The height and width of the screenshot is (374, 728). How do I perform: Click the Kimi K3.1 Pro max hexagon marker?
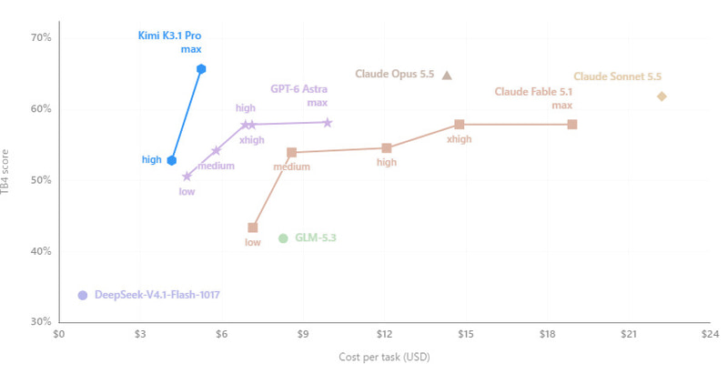click(201, 69)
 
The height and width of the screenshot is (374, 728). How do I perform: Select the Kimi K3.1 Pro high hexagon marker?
click(172, 160)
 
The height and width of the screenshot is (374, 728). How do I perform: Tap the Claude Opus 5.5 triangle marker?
click(447, 76)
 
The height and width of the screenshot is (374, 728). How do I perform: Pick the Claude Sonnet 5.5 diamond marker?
click(662, 96)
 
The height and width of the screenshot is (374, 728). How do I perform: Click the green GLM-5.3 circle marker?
click(283, 238)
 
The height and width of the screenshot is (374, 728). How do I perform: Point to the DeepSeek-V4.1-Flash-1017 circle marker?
click(83, 295)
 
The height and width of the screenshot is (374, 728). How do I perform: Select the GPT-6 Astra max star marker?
click(328, 123)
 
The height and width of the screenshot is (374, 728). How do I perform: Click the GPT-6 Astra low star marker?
click(187, 177)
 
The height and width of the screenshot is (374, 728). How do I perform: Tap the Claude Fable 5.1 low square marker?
click(253, 227)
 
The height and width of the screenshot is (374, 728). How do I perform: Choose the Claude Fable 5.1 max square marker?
click(572, 125)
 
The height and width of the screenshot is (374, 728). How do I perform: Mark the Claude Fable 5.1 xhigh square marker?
click(460, 125)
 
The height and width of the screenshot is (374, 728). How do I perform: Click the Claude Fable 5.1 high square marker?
click(387, 148)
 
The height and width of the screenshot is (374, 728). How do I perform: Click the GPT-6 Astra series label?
click(299, 89)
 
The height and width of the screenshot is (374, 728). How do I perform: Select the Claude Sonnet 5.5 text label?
click(618, 76)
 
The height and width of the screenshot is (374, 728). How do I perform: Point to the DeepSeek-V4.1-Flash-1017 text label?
click(157, 295)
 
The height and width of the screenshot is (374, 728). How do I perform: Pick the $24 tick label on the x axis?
click(710, 335)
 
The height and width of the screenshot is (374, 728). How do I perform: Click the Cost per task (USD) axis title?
click(384, 357)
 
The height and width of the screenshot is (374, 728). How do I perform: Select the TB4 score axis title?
click(5, 172)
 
